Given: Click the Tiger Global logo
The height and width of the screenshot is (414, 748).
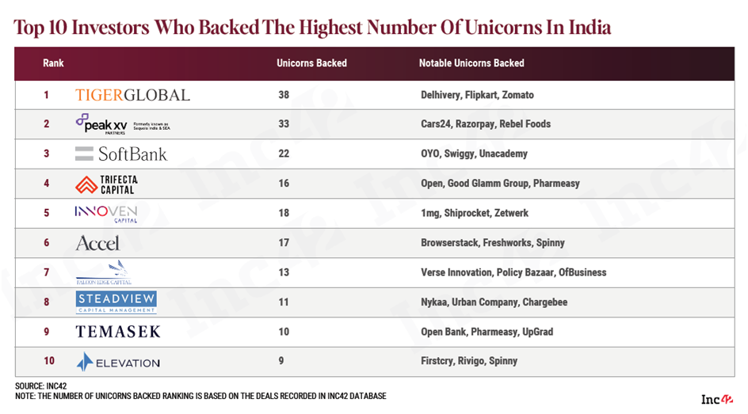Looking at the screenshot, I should click(132, 95).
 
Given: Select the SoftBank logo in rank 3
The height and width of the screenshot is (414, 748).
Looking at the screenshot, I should click(120, 154).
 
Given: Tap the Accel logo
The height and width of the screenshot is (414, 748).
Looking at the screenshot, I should click(97, 243).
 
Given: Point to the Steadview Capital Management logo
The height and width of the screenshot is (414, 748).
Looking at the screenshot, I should click(116, 302).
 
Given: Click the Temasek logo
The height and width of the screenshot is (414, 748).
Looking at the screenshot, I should click(117, 332).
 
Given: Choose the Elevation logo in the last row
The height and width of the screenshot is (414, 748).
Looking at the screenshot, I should click(117, 362).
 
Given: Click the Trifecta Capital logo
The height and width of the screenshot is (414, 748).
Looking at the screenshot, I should click(105, 184).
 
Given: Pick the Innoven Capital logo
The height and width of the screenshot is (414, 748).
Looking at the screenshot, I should click(105, 213).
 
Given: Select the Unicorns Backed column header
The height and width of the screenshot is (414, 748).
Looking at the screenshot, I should click(311, 63).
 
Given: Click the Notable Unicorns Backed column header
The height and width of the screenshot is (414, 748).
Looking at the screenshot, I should click(471, 63).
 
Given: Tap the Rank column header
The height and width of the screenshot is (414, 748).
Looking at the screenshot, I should click(53, 63).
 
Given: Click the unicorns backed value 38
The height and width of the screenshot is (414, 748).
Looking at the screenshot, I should click(284, 95).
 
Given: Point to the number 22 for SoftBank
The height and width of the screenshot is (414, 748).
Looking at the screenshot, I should click(284, 154).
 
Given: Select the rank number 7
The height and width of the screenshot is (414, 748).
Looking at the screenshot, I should click(47, 272).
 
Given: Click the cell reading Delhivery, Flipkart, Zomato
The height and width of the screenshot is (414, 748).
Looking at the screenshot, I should click(477, 95).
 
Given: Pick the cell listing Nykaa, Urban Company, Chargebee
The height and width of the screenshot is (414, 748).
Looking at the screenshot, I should click(494, 302).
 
